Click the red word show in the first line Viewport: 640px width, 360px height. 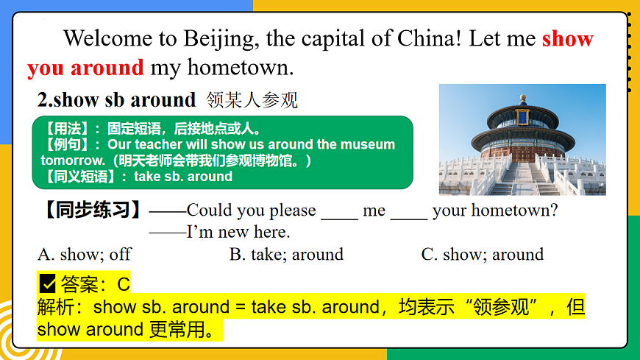(x=567, y=38)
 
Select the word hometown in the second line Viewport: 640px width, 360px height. (x=241, y=68)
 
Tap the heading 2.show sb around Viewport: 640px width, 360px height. (x=117, y=99)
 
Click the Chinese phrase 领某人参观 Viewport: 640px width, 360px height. (x=252, y=99)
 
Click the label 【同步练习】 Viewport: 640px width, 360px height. (x=93, y=210)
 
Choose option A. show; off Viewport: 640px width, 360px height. (x=85, y=255)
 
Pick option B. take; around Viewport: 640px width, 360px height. (x=286, y=255)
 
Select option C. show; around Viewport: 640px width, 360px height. (x=482, y=255)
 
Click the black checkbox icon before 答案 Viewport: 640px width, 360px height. (x=48, y=283)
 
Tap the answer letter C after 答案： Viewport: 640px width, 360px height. (x=124, y=283)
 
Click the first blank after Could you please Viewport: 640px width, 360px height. (x=339, y=211)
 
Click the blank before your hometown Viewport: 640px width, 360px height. (x=408, y=211)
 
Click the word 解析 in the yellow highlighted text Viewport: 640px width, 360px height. (x=58, y=307)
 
